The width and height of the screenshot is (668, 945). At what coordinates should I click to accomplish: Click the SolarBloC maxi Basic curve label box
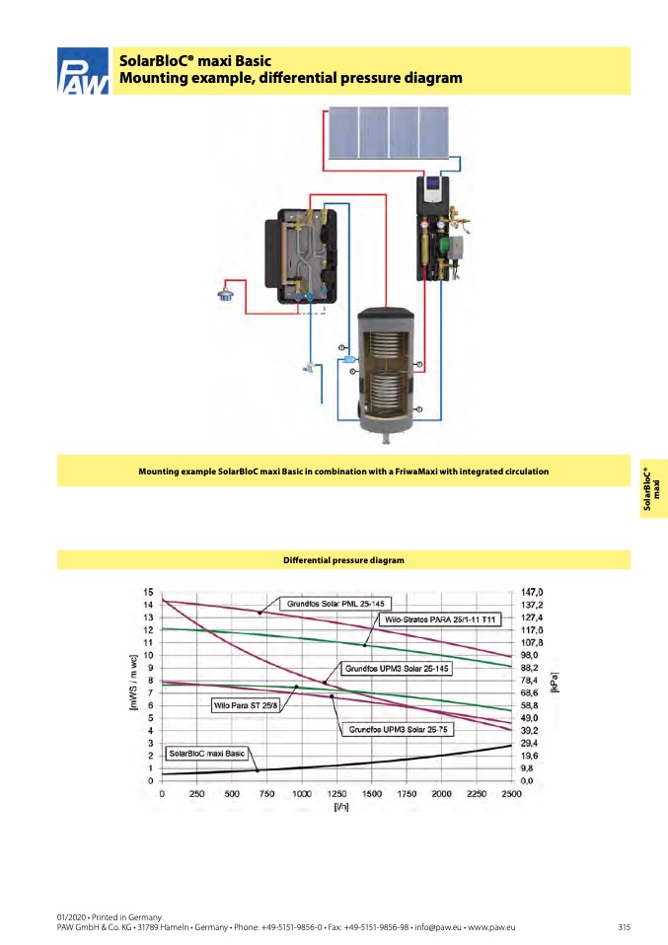206,754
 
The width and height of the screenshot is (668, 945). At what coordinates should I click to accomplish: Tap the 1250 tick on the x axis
336,793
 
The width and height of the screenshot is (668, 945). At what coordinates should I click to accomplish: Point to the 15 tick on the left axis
147,592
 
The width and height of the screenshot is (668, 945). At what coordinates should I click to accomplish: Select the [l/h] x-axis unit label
340,807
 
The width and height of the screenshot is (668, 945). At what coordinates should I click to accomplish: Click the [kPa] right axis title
554,684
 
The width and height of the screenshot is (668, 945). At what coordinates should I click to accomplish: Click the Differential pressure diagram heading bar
343,560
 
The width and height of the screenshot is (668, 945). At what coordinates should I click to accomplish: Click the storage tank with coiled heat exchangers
385,370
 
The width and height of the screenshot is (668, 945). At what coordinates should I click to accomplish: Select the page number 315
624,927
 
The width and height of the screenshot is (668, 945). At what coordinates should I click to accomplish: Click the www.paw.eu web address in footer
488,927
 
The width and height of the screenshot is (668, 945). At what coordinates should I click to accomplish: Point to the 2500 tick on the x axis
511,793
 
